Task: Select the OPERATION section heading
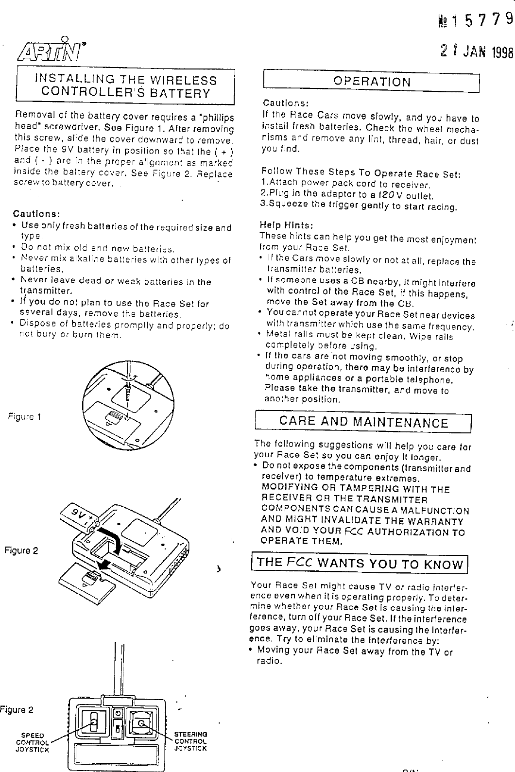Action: pos(372,82)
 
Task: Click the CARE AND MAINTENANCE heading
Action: pos(363,422)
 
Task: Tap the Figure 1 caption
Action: pos(24,416)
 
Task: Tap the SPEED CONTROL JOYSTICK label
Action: pos(33,742)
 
